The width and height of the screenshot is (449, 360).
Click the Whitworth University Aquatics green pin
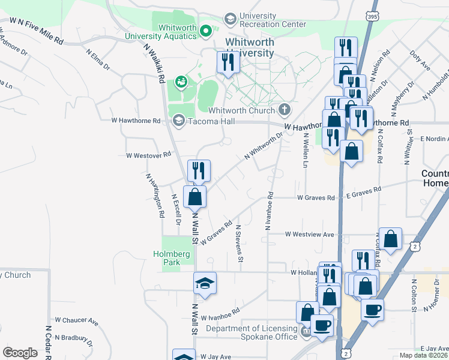pyautogui.click(x=206, y=29)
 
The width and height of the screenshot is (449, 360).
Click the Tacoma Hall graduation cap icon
pyautogui.click(x=178, y=121)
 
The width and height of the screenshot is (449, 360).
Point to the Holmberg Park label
pyautogui.click(x=171, y=258)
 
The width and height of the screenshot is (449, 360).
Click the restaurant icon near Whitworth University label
pyautogui.click(x=228, y=62)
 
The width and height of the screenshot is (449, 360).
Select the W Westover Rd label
pyautogui.click(x=148, y=155)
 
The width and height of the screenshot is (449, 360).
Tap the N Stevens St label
pyautogui.click(x=239, y=244)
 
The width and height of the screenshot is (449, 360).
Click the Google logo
pyautogui.click(x=19, y=353)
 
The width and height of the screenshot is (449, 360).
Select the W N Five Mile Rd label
pyautogui.click(x=36, y=30)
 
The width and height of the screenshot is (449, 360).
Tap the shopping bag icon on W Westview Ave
pyautogui.click(x=391, y=239)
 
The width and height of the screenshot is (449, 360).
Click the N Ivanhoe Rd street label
pyautogui.click(x=269, y=211)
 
